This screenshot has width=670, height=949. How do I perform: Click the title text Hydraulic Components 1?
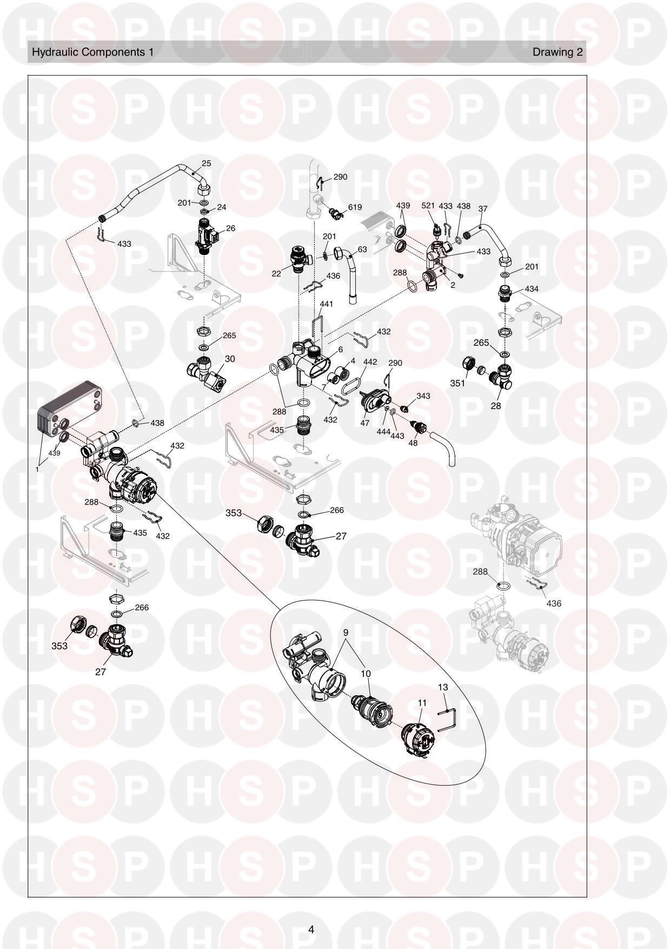pos(93,52)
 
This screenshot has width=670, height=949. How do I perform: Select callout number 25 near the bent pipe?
pos(206,163)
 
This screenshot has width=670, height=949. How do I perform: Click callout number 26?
pos(230,228)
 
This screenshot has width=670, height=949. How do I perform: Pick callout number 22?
pos(276,274)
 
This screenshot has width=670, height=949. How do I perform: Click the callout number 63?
pos(362,249)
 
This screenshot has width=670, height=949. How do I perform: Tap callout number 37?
pos(483,209)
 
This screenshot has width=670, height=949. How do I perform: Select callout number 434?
pos(532,289)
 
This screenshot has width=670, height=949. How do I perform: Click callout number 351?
pos(457,383)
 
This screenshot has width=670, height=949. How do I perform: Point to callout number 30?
pos(230,359)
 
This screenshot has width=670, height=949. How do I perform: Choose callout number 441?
pos(326,304)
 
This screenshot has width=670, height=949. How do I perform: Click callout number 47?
pos(365,423)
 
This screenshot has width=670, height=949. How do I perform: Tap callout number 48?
pos(413,443)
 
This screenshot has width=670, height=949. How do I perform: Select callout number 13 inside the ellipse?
pos(443,688)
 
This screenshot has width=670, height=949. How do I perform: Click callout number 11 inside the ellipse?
pos(422,703)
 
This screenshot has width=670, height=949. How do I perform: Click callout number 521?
pos(428,206)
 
